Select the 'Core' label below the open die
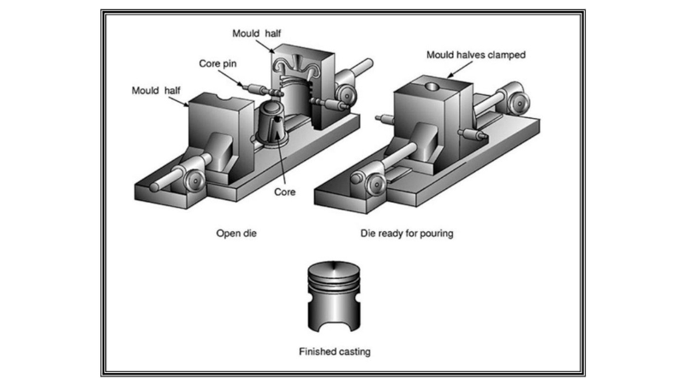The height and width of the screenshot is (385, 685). [x=284, y=192]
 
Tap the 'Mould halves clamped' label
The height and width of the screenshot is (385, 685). [x=475, y=56]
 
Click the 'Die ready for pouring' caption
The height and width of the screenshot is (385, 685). [x=414, y=233]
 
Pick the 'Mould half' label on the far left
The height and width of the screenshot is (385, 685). [x=160, y=89]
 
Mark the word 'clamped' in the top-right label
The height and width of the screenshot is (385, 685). [x=505, y=56]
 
